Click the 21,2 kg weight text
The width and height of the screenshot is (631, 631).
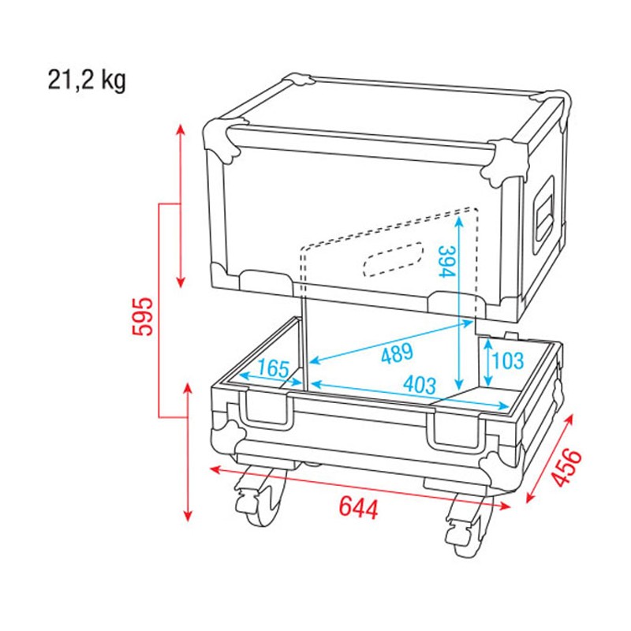(x=86, y=80)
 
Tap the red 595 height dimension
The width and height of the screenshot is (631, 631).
(x=143, y=315)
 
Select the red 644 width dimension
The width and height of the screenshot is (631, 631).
(x=359, y=507)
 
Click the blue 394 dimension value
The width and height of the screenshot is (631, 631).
(x=446, y=261)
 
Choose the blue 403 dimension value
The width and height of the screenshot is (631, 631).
(x=419, y=386)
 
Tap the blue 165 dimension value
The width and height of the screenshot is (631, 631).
(x=272, y=369)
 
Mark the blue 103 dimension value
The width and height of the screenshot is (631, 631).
(x=506, y=361)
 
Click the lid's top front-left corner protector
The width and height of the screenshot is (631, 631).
(x=225, y=140)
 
